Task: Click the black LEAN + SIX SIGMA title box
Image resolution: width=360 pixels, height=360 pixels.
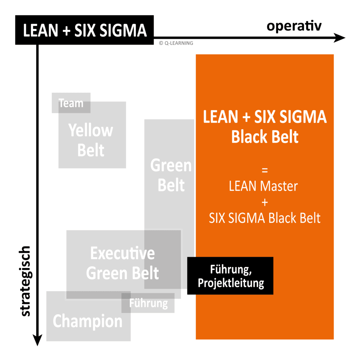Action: coord(85,30)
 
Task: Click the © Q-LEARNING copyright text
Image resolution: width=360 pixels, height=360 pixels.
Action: coord(176,43)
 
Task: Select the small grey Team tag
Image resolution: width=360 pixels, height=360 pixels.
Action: coord(71,103)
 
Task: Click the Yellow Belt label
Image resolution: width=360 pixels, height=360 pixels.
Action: coord(91,141)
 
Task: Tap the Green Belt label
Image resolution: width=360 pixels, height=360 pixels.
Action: coord(171,175)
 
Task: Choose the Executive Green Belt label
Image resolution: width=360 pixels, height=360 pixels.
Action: coord(122,263)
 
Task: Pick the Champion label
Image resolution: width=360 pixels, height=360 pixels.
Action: coord(88,321)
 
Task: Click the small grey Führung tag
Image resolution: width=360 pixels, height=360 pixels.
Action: coord(148,303)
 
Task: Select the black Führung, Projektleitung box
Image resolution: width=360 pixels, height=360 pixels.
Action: coord(230,276)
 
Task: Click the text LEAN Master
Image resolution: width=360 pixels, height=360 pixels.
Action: coord(264,186)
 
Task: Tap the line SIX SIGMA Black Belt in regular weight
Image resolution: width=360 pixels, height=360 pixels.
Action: coord(265,218)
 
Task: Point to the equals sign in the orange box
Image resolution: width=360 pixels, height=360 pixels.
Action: coord(265,170)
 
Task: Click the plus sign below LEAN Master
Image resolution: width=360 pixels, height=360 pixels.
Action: coord(265,202)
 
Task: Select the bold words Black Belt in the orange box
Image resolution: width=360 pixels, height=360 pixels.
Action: coord(265,137)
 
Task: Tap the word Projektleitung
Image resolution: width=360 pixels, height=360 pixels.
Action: coord(231,283)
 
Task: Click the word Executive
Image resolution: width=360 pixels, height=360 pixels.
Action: coord(122,253)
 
